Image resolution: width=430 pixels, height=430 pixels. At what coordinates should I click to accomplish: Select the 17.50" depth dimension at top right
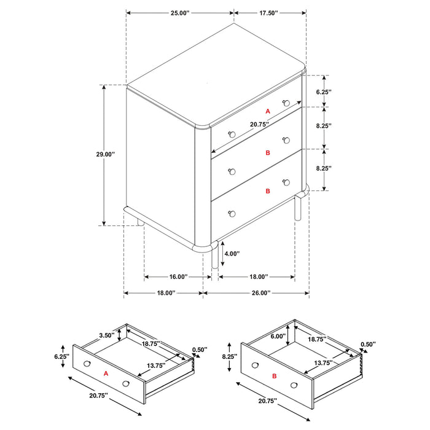tap(268, 12)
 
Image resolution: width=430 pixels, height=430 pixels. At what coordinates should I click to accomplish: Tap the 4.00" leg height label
tap(232, 253)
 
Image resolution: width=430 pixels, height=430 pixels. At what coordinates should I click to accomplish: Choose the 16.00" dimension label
tap(173, 277)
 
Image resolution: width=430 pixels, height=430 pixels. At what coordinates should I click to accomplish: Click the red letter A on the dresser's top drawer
tap(267, 111)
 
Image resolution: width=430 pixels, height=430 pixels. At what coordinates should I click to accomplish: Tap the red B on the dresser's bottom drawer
tap(267, 191)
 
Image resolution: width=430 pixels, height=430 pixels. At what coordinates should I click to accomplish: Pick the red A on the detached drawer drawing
tap(106, 373)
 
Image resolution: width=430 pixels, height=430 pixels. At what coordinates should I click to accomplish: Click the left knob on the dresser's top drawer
tap(232, 135)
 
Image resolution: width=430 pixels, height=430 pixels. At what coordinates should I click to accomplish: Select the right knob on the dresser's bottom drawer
tap(286, 182)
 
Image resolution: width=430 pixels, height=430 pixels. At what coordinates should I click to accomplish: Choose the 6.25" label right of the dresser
tap(324, 92)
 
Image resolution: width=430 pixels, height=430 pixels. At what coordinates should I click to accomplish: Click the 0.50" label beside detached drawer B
tap(368, 345)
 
